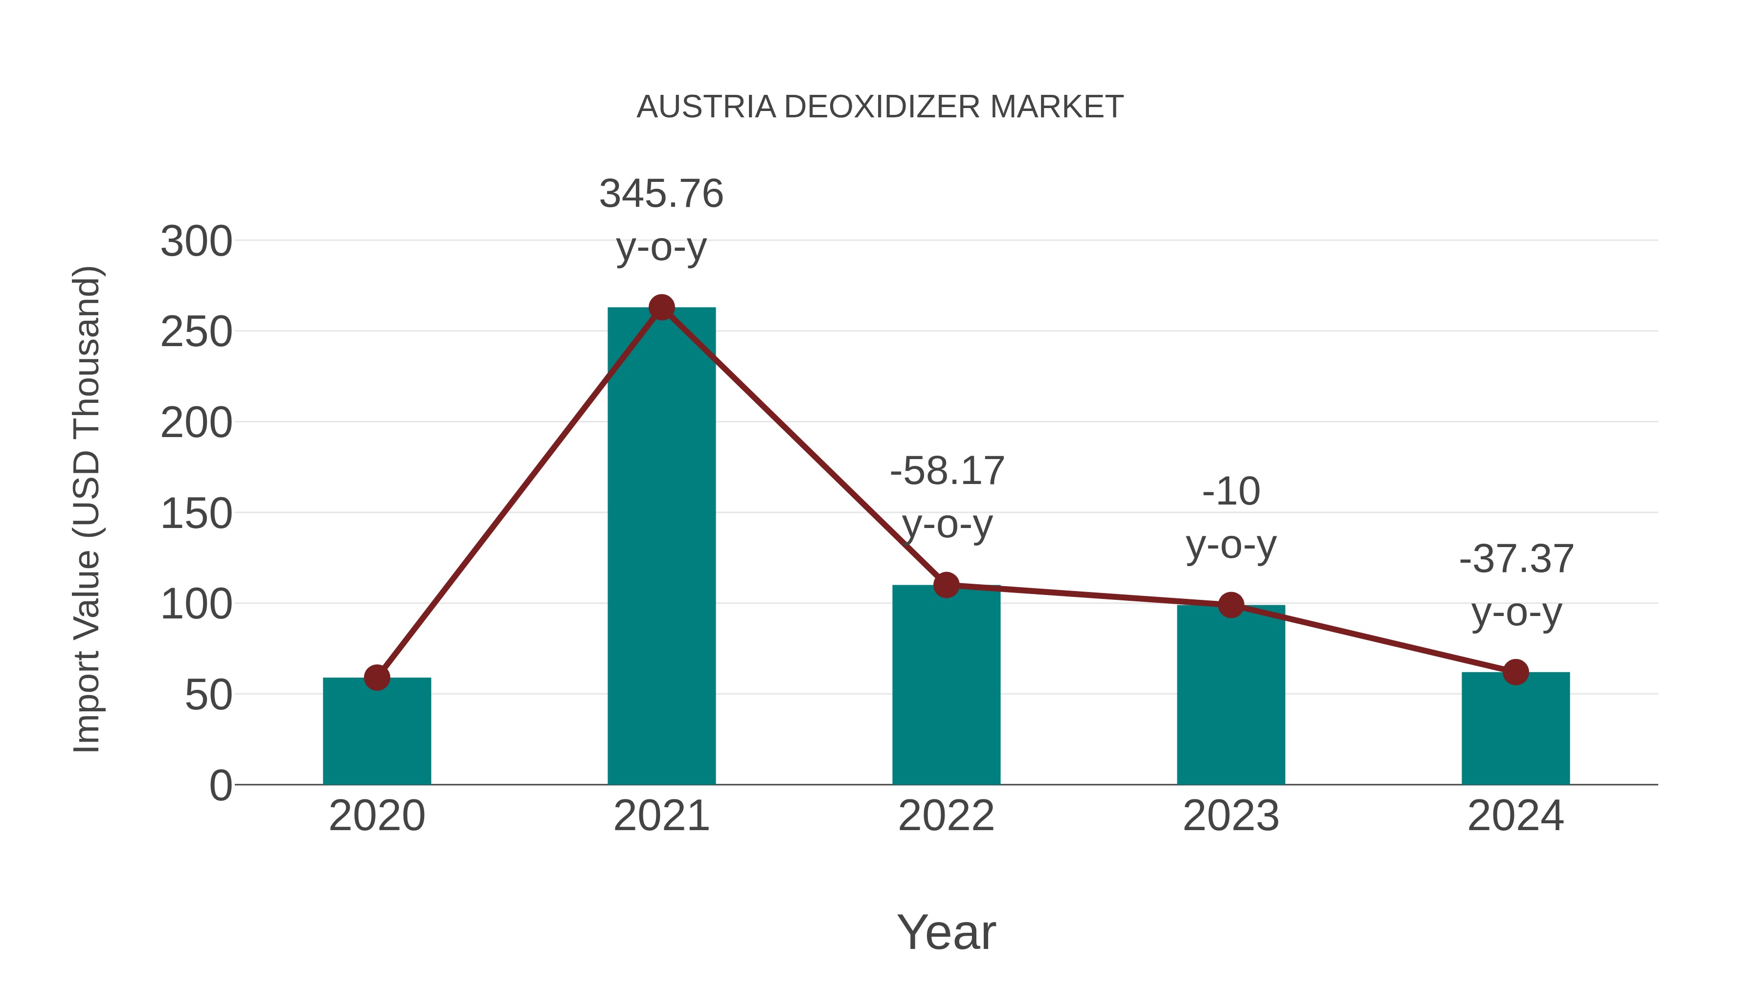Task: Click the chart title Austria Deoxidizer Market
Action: tap(880, 107)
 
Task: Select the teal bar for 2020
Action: tap(377, 731)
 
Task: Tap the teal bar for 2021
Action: tap(661, 547)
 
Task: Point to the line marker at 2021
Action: tap(661, 308)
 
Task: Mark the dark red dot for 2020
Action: tap(377, 678)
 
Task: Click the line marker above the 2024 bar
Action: tap(1515, 672)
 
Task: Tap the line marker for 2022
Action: tap(946, 585)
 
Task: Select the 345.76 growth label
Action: tap(661, 194)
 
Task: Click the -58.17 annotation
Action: tap(947, 471)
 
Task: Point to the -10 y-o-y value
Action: tap(1231, 492)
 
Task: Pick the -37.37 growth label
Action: tap(1516, 560)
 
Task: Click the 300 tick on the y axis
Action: tap(196, 242)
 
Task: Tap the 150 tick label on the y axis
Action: tap(196, 514)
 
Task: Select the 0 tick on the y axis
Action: tap(220, 786)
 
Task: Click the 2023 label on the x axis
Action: tap(1231, 816)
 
